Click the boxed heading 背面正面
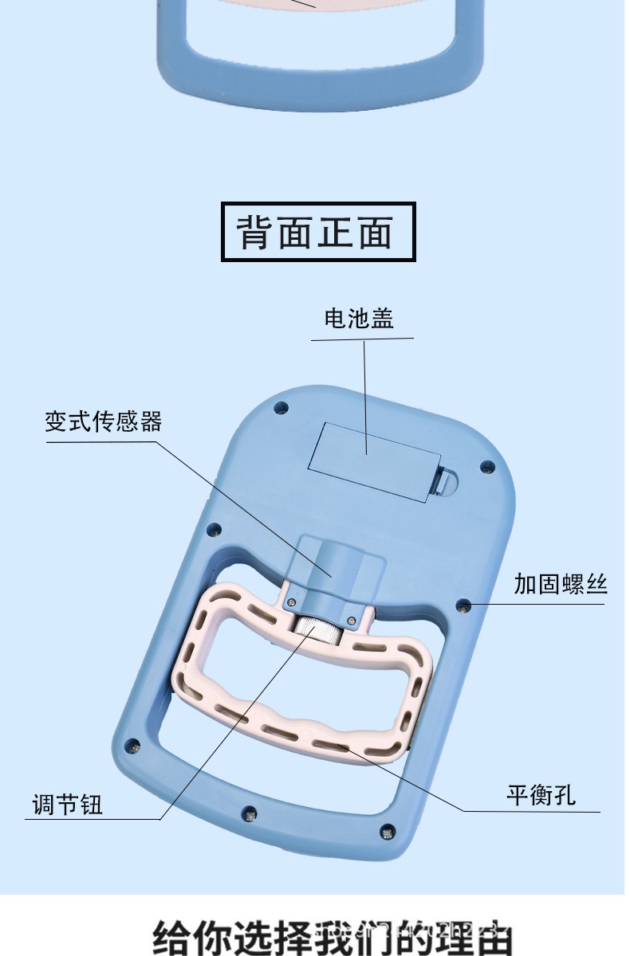tap(317, 232)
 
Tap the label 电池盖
tap(359, 319)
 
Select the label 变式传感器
tap(103, 421)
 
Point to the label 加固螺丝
tap(560, 585)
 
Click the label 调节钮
tap(68, 805)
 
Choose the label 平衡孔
tap(541, 795)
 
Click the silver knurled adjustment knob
tap(321, 632)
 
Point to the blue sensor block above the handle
tap(336, 566)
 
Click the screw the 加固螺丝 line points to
tap(460, 607)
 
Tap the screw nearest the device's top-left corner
tap(280, 407)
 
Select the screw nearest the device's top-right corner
tap(484, 466)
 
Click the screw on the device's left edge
tap(213, 527)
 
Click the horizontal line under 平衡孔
tap(530, 812)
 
